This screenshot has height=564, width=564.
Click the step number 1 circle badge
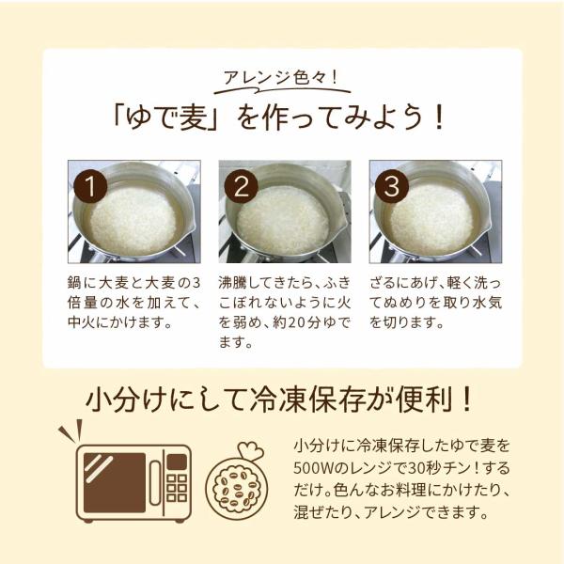90,186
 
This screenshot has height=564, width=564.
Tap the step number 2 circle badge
242,186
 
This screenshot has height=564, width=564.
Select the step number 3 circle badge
392,186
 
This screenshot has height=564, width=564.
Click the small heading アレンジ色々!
281,77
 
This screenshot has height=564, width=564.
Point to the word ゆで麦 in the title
166,117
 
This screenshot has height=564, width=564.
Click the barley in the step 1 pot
133,219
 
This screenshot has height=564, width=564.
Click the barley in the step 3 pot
431,218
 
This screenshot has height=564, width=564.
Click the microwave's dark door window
115,482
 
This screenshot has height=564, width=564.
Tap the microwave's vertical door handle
155,482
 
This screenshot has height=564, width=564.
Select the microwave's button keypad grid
177,488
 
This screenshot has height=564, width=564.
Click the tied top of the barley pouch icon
251,450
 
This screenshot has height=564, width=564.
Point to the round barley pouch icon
237,488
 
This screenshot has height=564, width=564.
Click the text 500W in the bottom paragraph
314,468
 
